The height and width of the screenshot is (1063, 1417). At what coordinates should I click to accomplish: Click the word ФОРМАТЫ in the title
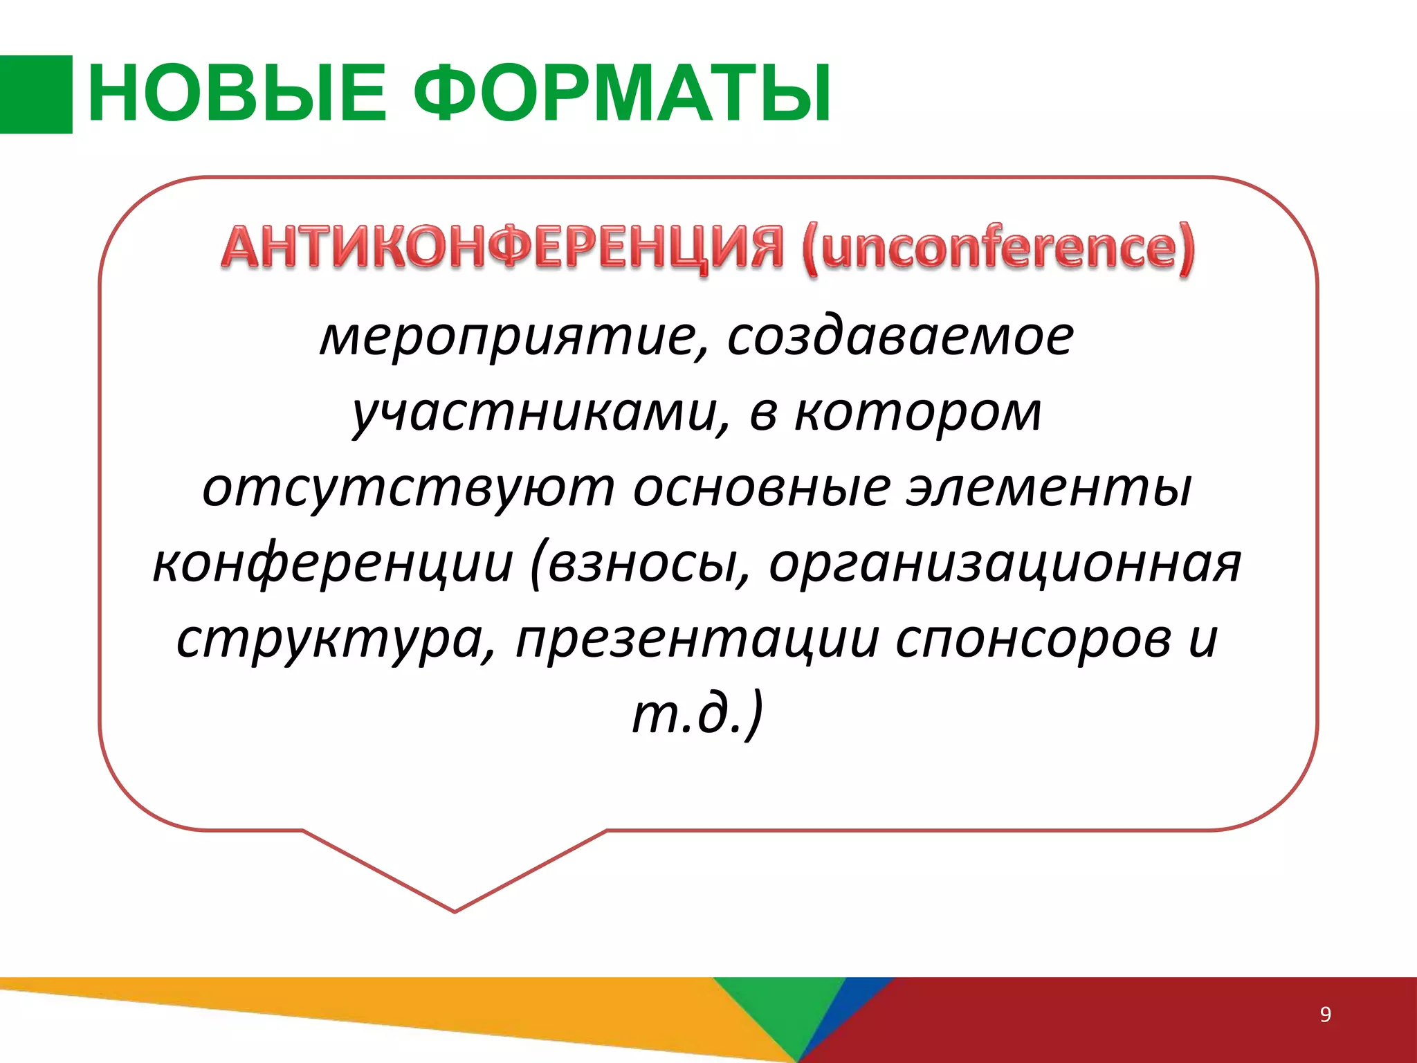coord(623,93)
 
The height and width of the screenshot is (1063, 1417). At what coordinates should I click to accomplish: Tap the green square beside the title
coord(36,94)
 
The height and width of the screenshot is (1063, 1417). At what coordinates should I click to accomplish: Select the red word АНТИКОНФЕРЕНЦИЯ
coord(502,248)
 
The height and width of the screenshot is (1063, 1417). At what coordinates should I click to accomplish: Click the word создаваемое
coord(899,338)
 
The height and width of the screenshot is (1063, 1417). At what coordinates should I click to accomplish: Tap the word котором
coord(917,414)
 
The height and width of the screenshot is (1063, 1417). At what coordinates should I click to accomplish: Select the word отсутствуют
coord(408,489)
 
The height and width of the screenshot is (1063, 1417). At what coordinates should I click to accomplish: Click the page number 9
coord(1325,1014)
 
